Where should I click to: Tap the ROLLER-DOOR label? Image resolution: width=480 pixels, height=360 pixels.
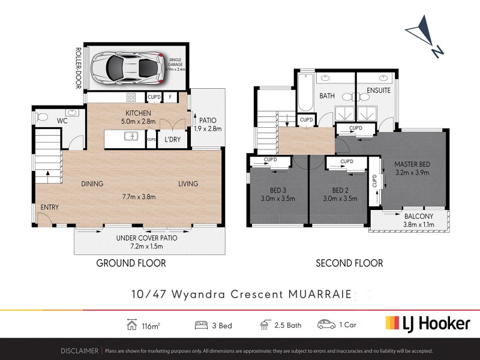(78, 68)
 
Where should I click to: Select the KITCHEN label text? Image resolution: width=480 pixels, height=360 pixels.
(137, 113)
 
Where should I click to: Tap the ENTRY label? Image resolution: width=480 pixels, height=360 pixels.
(49, 207)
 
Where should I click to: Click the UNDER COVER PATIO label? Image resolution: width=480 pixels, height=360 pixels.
(147, 238)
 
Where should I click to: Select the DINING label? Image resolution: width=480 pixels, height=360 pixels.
(92, 184)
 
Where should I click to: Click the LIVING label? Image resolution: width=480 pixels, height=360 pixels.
(188, 184)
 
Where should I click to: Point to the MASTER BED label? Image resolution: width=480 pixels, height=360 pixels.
(413, 164)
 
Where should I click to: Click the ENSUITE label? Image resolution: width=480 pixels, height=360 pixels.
(379, 91)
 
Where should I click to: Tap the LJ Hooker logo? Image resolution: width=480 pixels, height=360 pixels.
(427, 323)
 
